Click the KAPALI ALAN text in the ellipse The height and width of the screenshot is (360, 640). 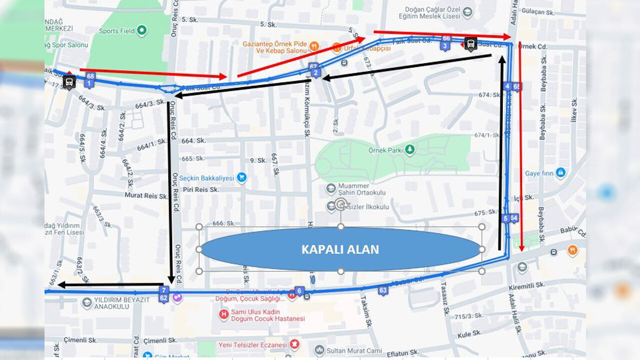[x=340, y=249]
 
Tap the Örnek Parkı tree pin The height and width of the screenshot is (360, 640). [x=410, y=149]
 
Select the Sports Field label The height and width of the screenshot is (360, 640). [x=116, y=31]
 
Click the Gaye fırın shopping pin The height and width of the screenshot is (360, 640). [x=560, y=173]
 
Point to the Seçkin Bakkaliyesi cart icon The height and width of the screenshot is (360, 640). [x=242, y=177]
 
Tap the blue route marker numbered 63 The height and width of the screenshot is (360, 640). [x=383, y=290]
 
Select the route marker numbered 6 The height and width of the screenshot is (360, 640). [x=299, y=290]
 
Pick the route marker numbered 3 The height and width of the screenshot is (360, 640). [x=444, y=46]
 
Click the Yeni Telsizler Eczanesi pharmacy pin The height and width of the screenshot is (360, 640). [x=295, y=344]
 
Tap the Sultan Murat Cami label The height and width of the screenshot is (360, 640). [x=353, y=350]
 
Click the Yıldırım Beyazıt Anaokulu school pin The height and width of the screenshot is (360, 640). [x=87, y=303]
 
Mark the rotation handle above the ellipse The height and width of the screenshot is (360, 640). [x=341, y=203]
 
